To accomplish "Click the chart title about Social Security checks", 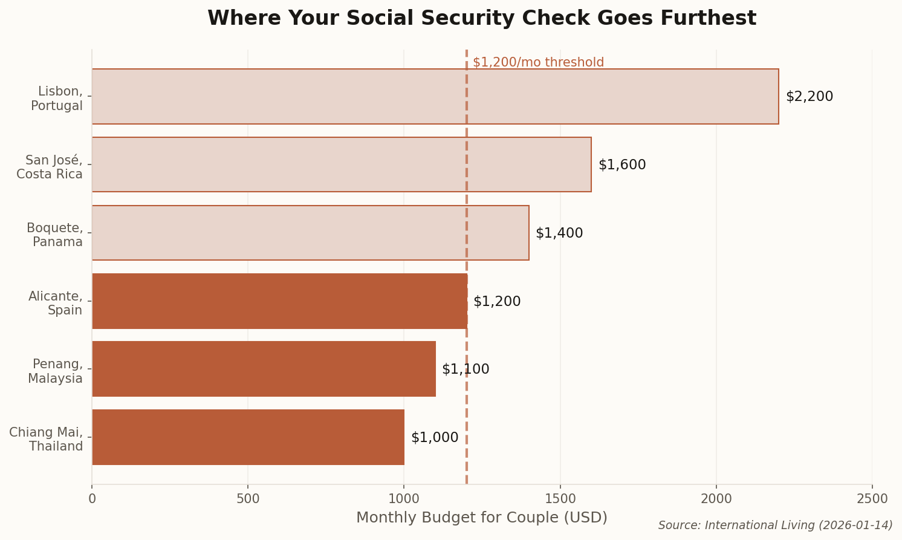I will [481, 19].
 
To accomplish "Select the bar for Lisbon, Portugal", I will [435, 97].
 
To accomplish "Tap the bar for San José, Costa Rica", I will [341, 164].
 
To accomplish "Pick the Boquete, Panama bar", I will [310, 233].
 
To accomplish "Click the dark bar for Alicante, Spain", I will [279, 301].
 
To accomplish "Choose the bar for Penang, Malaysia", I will [264, 369].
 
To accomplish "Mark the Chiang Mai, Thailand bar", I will [248, 437].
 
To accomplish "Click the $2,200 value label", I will [809, 97].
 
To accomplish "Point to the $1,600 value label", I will [621, 165].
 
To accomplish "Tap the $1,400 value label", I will [559, 233].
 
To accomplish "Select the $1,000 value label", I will [434, 438].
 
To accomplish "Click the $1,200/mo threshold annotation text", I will [538, 62].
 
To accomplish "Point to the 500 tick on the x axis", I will [248, 499].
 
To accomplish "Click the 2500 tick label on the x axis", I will [872, 499].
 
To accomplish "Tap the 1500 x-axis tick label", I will [560, 499].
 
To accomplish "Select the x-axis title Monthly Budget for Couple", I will [481, 518].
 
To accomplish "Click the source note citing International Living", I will [775, 525].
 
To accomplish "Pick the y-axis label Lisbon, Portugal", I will [57, 99].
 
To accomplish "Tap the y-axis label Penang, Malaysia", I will [56, 371].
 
